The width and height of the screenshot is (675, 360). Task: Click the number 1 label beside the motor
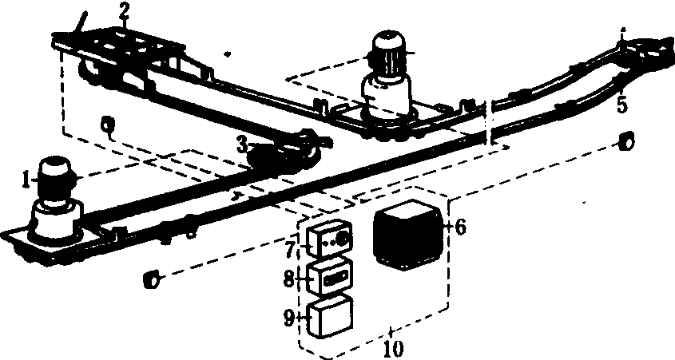[x=26, y=180]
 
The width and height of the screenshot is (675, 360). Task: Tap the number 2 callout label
[x=124, y=12]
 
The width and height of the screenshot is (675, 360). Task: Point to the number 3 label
[x=243, y=146]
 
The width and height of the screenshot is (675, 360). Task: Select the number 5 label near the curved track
[x=622, y=105]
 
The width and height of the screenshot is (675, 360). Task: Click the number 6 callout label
[x=460, y=227]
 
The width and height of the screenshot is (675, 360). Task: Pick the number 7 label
[x=290, y=249]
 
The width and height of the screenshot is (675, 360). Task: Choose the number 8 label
[x=289, y=279]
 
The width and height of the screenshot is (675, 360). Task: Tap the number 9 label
[x=289, y=318]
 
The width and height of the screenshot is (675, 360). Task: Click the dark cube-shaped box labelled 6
[x=407, y=235]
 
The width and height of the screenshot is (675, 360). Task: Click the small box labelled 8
[x=331, y=276]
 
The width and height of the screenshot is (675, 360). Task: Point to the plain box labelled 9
[x=331, y=317]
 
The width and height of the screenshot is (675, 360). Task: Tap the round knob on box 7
[x=343, y=238]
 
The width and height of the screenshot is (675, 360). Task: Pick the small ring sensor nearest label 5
[x=626, y=141]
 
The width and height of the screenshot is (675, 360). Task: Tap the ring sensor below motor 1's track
[x=151, y=279]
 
